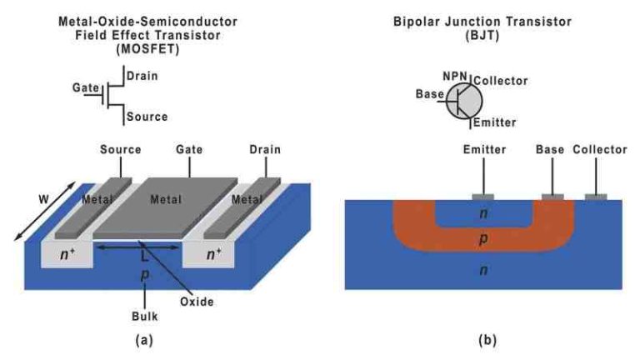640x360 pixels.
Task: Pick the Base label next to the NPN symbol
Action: click(429, 94)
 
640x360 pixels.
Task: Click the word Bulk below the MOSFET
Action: click(146, 317)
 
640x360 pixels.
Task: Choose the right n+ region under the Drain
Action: click(213, 255)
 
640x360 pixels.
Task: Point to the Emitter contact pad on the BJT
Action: click(482, 197)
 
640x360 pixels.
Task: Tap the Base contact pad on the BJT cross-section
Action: click(551, 197)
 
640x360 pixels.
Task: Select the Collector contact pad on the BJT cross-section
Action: click(595, 197)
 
